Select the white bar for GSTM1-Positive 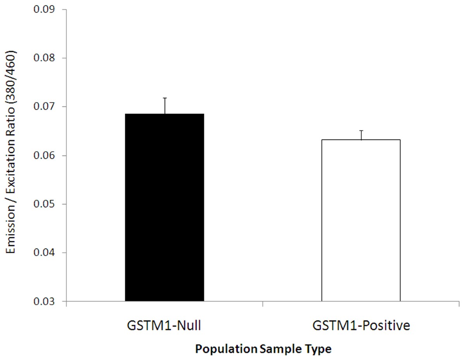pos(361,220)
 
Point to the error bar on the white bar pos(361,135)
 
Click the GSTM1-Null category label pos(164,326)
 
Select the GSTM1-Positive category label pos(361,326)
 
